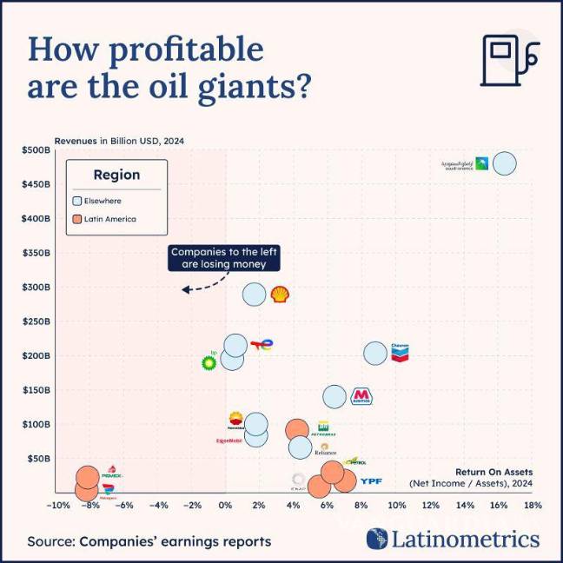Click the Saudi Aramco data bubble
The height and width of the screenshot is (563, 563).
point(503,163)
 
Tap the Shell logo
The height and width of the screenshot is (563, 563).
point(280,295)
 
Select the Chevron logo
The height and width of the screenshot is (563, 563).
point(400,352)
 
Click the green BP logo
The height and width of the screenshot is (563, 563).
point(209,361)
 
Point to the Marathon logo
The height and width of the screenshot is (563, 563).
point(361,397)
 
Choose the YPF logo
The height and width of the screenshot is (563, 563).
point(371,480)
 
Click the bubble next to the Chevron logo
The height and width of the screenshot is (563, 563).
point(375,354)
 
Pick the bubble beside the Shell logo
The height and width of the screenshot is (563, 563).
point(254,295)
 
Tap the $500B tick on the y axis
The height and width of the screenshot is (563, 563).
point(36,149)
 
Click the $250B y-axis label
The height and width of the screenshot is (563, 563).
point(36,321)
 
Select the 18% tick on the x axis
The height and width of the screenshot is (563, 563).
point(533,505)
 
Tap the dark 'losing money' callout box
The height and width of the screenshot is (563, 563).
point(218,258)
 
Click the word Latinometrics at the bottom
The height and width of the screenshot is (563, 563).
point(465,540)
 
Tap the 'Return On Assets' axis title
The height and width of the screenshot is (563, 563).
point(493,472)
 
